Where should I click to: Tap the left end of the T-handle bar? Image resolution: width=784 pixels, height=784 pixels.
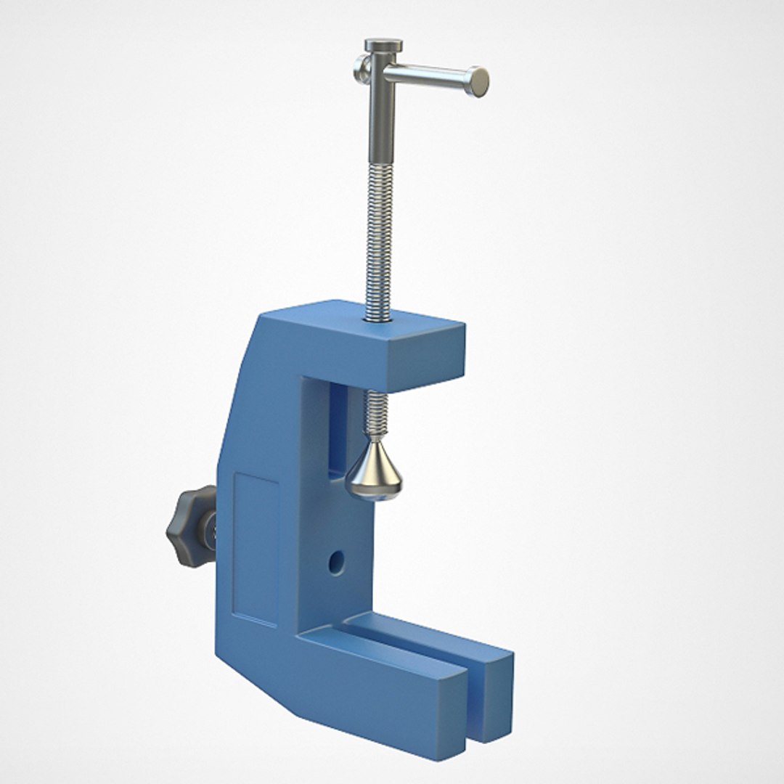361,70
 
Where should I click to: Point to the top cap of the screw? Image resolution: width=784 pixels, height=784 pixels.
384,46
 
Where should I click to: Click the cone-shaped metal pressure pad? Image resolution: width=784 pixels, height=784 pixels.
374,472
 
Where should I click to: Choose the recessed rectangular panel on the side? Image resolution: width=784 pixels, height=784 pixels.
256,548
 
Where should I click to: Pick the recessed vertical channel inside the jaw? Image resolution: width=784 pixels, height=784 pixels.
336,428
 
